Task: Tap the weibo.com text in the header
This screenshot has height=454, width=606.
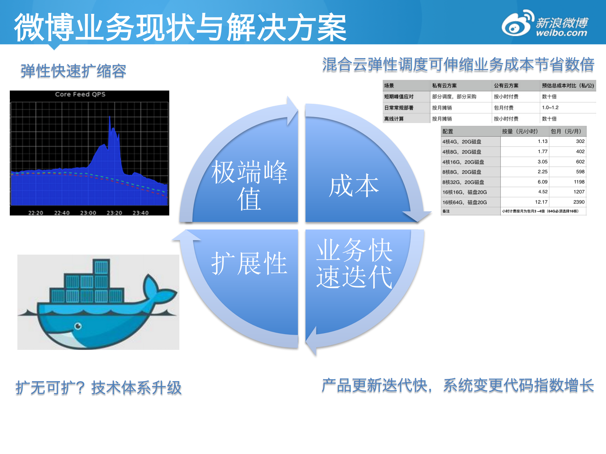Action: click(x=561, y=33)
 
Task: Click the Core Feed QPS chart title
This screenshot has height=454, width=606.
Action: click(x=80, y=94)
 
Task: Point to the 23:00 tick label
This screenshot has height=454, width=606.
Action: click(x=88, y=213)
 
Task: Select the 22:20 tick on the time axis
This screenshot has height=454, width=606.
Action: click(x=36, y=213)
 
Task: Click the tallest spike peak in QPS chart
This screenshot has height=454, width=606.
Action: click(x=110, y=117)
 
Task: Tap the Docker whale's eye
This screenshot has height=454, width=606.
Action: click(x=78, y=326)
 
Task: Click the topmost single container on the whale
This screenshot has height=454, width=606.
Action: click(x=101, y=267)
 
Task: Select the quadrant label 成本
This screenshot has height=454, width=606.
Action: click(x=354, y=186)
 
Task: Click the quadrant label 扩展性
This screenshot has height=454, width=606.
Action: click(x=249, y=263)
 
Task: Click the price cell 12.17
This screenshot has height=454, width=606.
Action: click(x=541, y=202)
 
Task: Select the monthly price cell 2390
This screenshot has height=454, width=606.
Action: click(x=579, y=202)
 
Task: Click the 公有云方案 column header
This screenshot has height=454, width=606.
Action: click(x=506, y=85)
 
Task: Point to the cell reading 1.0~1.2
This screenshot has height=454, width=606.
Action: click(x=550, y=108)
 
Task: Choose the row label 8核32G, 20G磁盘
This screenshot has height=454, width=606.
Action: click(x=463, y=182)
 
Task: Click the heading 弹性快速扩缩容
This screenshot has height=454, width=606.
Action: click(x=73, y=71)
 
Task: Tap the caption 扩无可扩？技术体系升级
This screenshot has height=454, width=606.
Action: click(x=99, y=387)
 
